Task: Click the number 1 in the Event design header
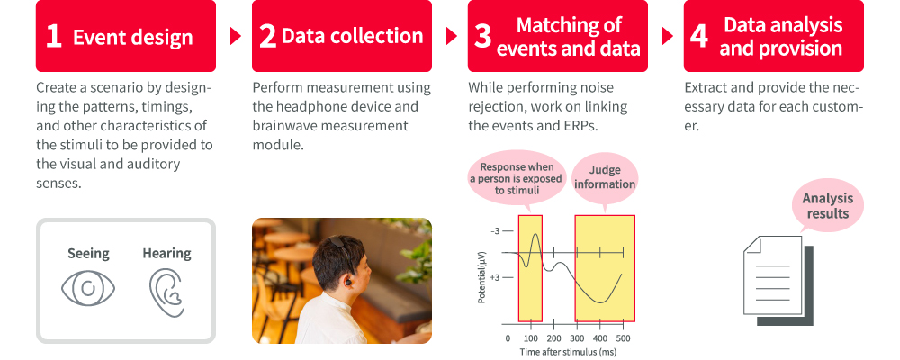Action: tap(53, 36)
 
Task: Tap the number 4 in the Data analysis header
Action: tap(698, 36)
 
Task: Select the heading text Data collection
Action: tap(353, 36)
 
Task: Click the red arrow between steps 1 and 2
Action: tap(235, 36)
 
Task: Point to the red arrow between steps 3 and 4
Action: tap(668, 36)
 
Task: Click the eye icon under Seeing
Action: tap(88, 288)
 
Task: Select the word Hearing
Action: tap(167, 253)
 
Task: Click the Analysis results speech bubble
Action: tap(828, 207)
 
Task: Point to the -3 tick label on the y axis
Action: tap(495, 230)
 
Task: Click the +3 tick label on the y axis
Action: tap(495, 277)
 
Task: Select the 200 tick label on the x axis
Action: tap(553, 338)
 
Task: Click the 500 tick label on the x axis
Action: tap(623, 338)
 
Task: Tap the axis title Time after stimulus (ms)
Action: tap(568, 352)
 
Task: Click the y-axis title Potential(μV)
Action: tap(482, 276)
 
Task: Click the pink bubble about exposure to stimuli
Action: tap(517, 179)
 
